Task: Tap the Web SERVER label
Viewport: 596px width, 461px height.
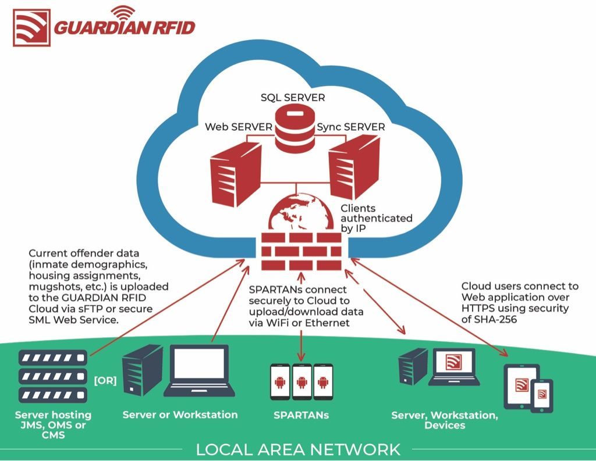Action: point(238,127)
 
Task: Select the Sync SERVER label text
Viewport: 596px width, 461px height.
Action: point(351,127)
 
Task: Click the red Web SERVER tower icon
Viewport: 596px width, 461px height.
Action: point(236,174)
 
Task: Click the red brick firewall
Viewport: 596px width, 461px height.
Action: point(301,251)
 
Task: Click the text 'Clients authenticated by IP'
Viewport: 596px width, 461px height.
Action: point(377,218)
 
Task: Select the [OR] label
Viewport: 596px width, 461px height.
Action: point(105,381)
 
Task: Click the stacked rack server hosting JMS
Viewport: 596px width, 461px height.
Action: point(53,376)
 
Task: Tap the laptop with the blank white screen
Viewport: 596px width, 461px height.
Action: point(199,371)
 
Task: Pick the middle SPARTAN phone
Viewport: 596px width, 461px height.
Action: point(302,382)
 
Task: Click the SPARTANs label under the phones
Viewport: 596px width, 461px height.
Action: point(301,415)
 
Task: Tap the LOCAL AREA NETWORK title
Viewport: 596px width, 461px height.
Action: point(298,449)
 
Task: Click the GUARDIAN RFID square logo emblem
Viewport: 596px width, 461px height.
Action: point(31,28)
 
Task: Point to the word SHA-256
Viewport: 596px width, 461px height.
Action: point(495,319)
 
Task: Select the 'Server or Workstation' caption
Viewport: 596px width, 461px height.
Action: point(180,414)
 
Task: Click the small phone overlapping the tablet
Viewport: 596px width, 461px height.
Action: point(542,396)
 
